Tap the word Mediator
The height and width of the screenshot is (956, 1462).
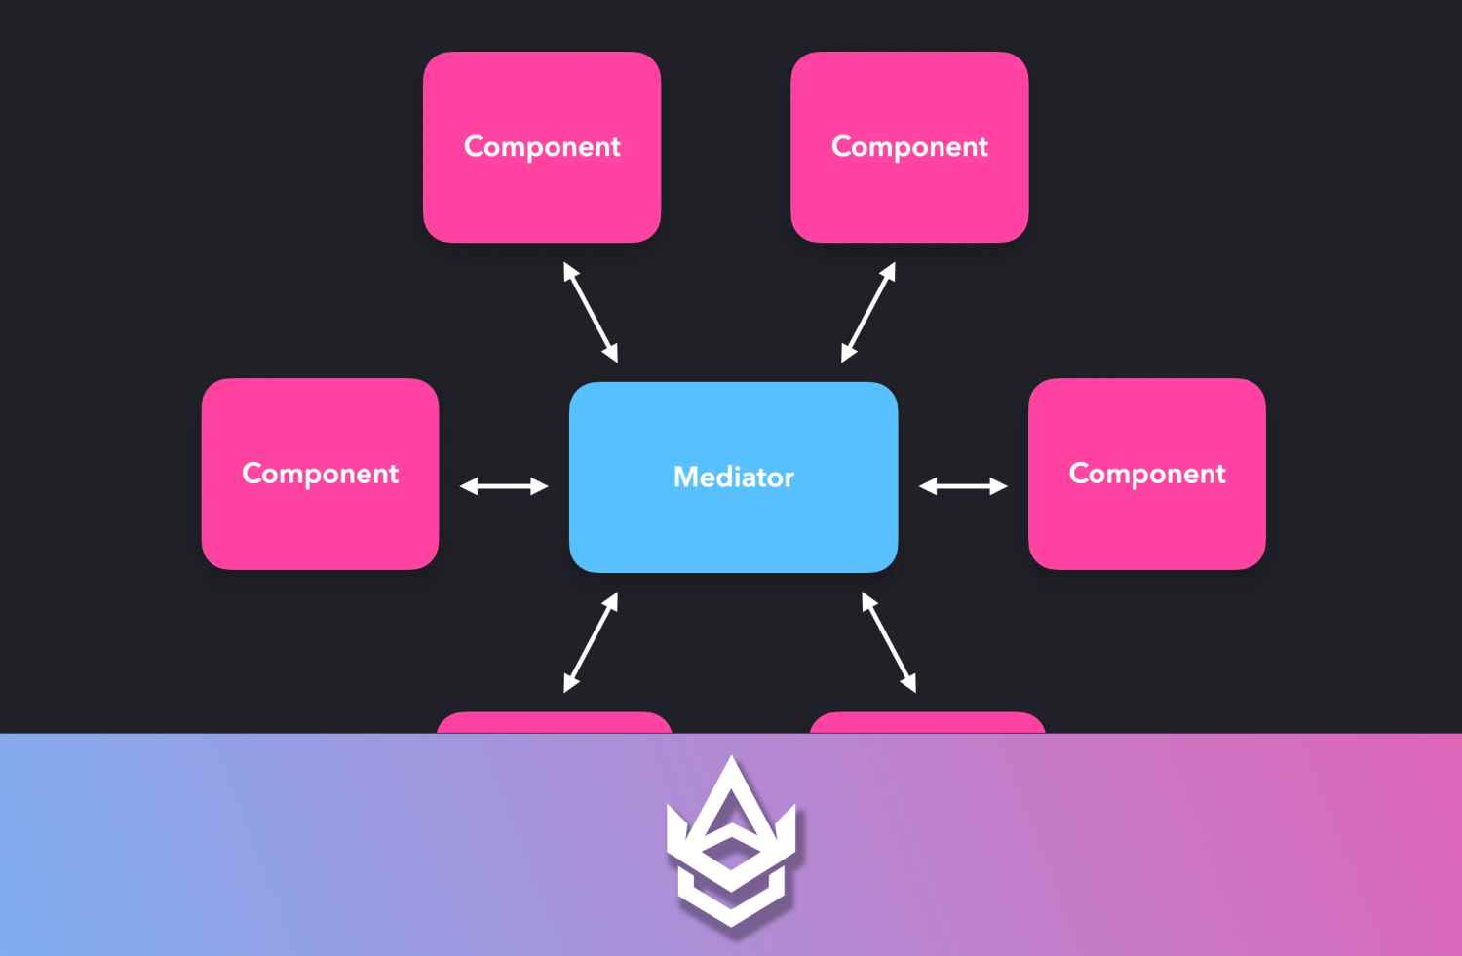(733, 477)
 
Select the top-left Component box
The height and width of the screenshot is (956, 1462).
(542, 195)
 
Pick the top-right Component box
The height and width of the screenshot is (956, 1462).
(909, 195)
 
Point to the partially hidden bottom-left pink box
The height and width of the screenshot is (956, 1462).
(554, 723)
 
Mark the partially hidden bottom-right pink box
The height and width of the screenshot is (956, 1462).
(927, 723)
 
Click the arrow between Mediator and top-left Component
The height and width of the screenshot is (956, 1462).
(591, 312)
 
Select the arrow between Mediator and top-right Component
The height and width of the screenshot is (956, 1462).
(868, 312)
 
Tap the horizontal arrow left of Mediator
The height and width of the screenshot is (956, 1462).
(504, 485)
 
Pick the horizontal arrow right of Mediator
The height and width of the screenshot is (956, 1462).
(963, 485)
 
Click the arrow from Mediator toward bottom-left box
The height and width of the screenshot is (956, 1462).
(591, 642)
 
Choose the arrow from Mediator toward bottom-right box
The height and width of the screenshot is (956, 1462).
(889, 642)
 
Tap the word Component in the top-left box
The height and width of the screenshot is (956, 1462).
(542, 146)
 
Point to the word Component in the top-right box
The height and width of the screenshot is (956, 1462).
(909, 146)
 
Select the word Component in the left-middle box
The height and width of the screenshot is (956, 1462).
(320, 474)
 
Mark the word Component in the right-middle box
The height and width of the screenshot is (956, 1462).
(1146, 474)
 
